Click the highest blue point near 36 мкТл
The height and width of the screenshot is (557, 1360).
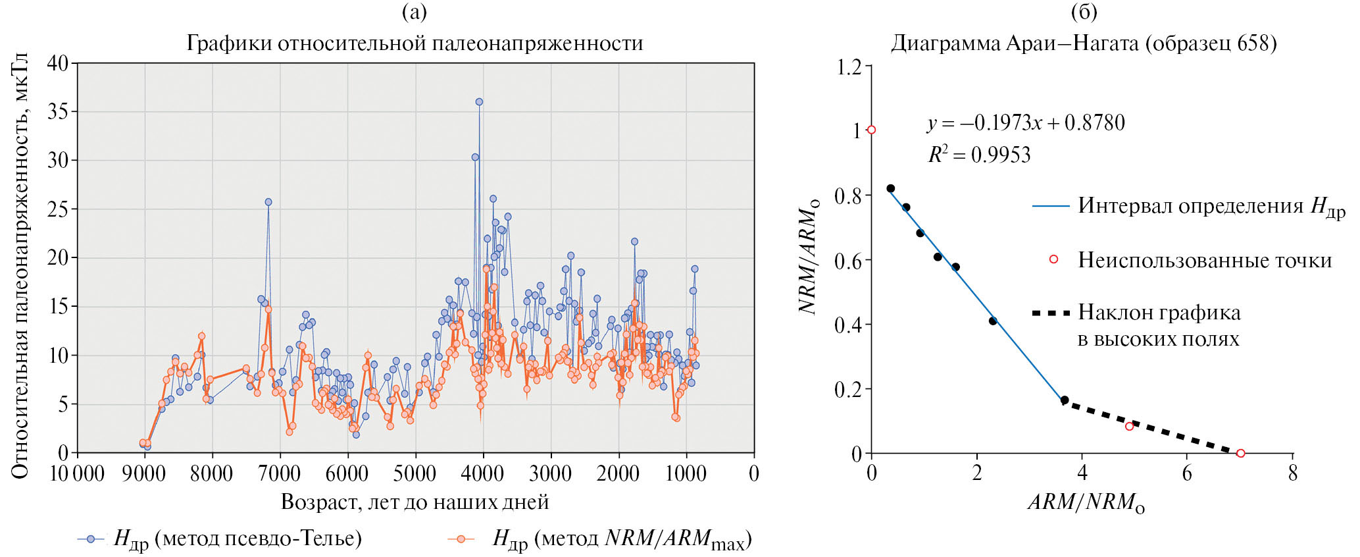click(x=479, y=102)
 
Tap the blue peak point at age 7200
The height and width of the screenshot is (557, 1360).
click(x=268, y=202)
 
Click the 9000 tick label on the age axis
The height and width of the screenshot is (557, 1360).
click(x=145, y=473)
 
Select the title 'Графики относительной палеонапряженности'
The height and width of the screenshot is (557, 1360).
click(x=415, y=43)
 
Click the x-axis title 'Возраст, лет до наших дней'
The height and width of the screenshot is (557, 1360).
click(x=415, y=502)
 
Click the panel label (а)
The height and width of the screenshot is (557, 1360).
click(x=414, y=12)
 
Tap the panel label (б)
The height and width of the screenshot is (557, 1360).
click(x=1084, y=12)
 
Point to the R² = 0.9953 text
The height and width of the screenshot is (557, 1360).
click(x=979, y=155)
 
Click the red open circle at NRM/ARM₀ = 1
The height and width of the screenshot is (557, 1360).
click(x=872, y=130)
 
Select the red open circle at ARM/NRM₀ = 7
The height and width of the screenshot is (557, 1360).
click(x=1240, y=453)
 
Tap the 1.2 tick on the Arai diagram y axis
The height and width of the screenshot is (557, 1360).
click(x=848, y=67)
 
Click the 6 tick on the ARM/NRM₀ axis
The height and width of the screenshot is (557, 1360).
click(x=1187, y=473)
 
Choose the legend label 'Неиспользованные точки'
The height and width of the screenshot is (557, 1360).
click(x=1204, y=260)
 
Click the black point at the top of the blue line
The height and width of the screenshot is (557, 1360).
click(x=891, y=188)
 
